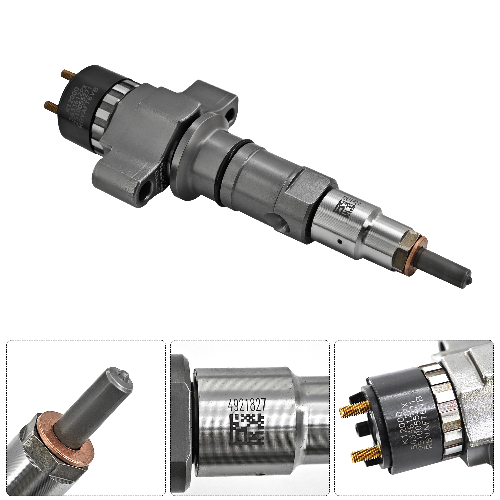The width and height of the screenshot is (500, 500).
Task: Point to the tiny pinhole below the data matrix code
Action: [x=339, y=240]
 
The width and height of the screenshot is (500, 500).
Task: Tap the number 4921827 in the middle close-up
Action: [x=247, y=405]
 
